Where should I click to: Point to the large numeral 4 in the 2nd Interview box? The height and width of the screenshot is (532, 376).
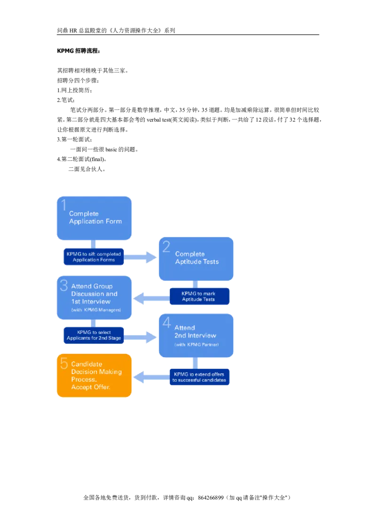click(x=166, y=323)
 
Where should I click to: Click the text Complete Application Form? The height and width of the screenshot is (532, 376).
click(x=95, y=218)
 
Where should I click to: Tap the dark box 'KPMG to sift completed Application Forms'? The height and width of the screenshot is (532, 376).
click(x=94, y=257)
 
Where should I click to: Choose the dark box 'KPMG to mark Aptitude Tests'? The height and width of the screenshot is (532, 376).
click(x=199, y=296)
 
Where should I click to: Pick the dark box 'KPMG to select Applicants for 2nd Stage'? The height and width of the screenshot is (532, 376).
click(x=94, y=335)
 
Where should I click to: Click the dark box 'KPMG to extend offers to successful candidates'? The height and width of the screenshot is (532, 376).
click(x=199, y=376)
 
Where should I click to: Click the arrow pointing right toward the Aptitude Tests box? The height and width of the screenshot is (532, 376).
click(x=141, y=257)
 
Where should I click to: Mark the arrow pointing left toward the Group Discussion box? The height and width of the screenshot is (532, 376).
click(x=151, y=297)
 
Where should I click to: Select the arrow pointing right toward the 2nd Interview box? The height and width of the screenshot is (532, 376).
click(x=141, y=336)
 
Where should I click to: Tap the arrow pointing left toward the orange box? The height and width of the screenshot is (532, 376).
click(x=151, y=376)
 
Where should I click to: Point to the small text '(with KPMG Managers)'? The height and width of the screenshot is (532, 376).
click(x=95, y=311)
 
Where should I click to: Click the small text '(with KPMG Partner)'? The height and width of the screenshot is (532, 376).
click(x=196, y=344)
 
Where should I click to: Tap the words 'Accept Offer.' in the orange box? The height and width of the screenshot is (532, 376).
click(x=91, y=387)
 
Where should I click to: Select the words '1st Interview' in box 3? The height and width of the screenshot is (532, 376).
click(x=91, y=301)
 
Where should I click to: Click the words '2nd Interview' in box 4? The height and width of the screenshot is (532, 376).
click(x=195, y=335)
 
